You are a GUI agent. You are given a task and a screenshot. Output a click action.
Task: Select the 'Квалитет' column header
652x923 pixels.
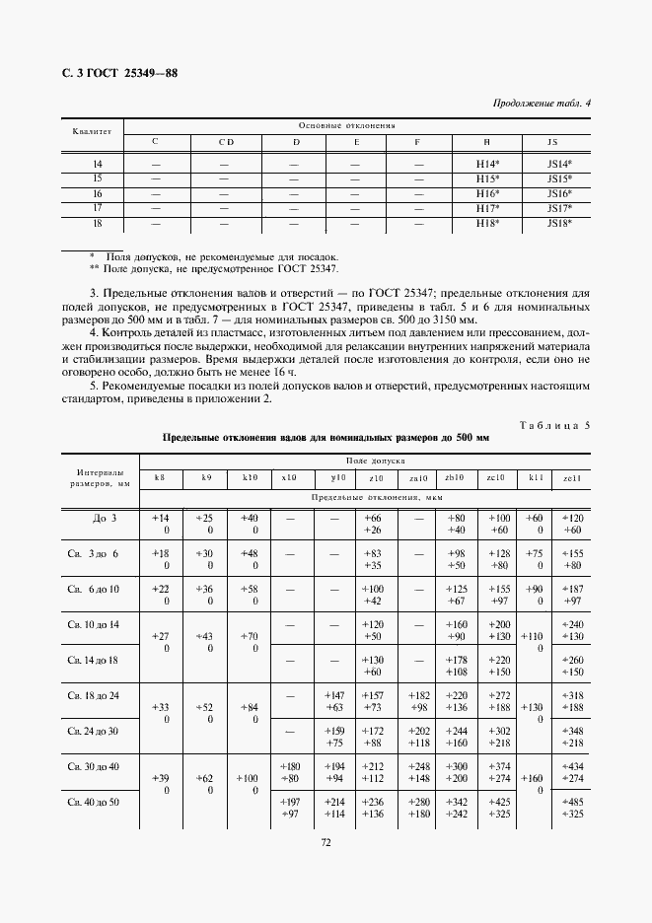tap(93, 131)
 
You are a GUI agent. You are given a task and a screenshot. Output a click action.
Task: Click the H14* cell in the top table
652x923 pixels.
tap(487, 163)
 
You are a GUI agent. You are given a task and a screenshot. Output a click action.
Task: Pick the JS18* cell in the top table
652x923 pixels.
tap(559, 224)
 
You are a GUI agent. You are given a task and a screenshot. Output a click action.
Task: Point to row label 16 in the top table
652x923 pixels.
tap(97, 193)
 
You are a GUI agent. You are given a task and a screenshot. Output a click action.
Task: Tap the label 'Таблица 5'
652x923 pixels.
tap(553, 424)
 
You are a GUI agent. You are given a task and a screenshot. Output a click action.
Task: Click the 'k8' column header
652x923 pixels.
tap(160, 477)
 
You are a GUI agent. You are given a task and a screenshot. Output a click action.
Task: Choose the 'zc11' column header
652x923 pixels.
tap(571, 477)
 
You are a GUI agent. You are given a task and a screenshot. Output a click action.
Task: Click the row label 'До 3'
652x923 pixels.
tap(105, 518)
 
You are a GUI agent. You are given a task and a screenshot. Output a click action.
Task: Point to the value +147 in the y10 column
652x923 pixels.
tap(333, 695)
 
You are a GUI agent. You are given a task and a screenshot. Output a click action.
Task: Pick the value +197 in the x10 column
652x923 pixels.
tap(289, 802)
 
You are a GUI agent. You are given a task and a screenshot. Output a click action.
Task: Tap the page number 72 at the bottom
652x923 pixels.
tap(325, 842)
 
